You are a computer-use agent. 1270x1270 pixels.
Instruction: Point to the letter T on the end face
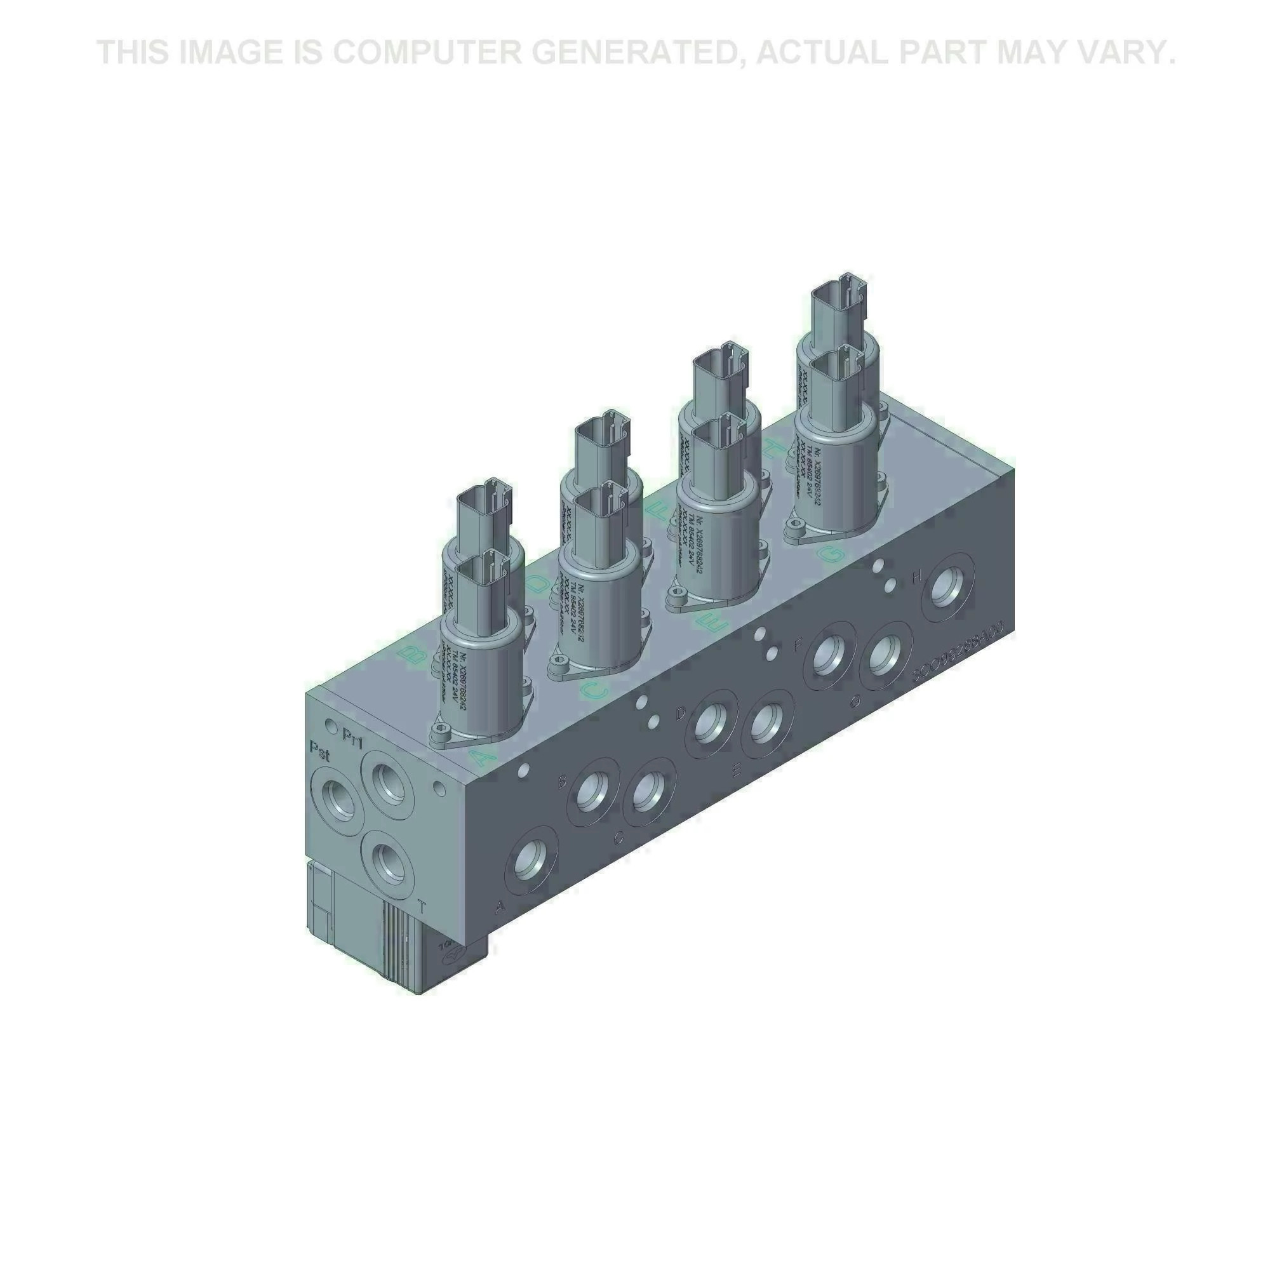[x=422, y=908]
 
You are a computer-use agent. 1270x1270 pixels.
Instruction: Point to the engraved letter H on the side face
[x=918, y=576]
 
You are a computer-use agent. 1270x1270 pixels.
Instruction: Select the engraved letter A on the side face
[x=500, y=907]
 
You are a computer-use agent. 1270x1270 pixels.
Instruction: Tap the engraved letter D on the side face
[x=681, y=712]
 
